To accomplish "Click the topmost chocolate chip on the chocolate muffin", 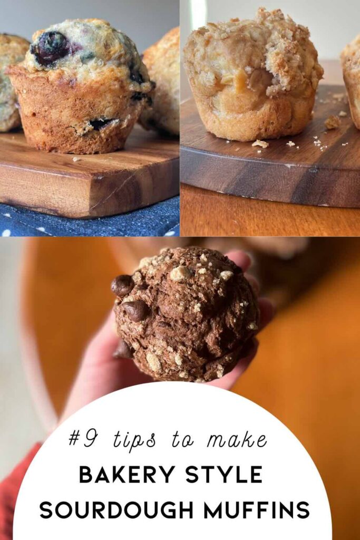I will tap(122, 285).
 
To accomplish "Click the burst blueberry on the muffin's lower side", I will tap(100, 124).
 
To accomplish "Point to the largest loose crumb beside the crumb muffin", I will tap(332, 122).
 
